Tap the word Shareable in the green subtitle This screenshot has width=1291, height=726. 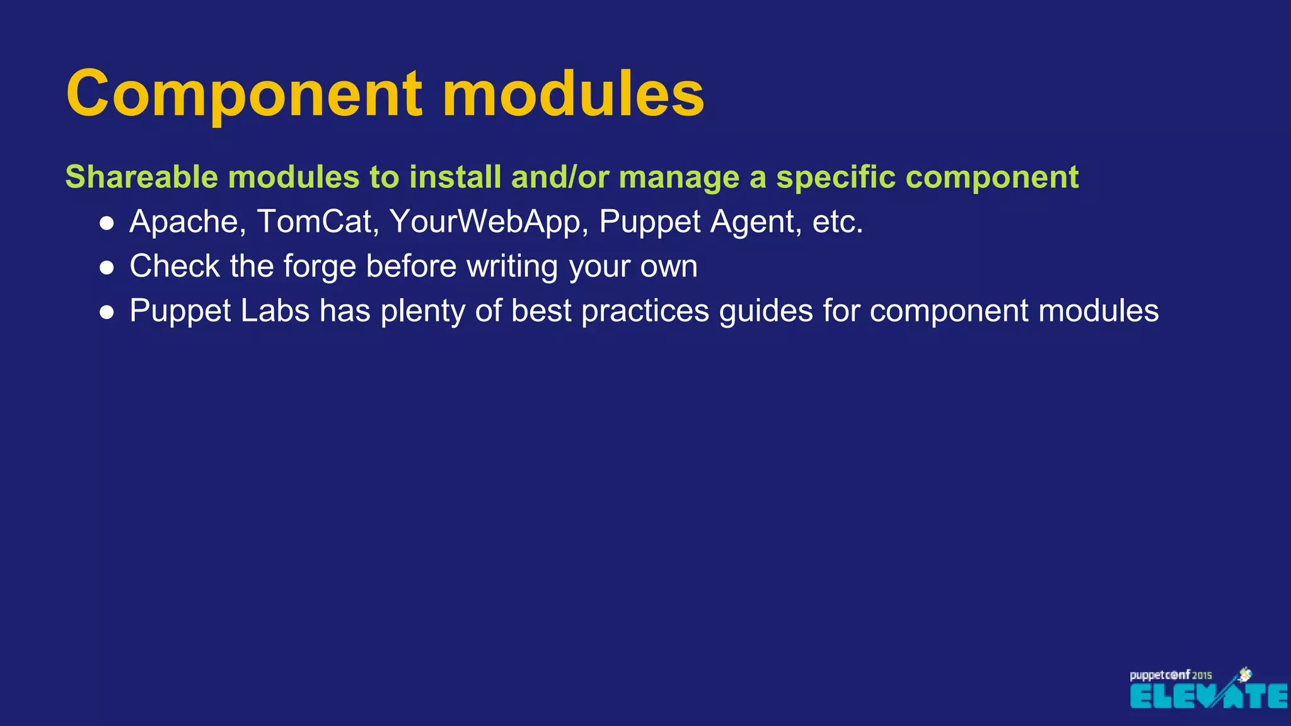pos(141,177)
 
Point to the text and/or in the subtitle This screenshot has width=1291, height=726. pos(560,177)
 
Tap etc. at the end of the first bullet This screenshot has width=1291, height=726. pos(837,222)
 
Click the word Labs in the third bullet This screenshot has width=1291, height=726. pos(275,311)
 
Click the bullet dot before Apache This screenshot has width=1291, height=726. pos(107,223)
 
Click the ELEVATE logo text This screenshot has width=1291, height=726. pos(1208,696)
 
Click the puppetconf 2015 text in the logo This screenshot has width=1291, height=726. pos(1170,675)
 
